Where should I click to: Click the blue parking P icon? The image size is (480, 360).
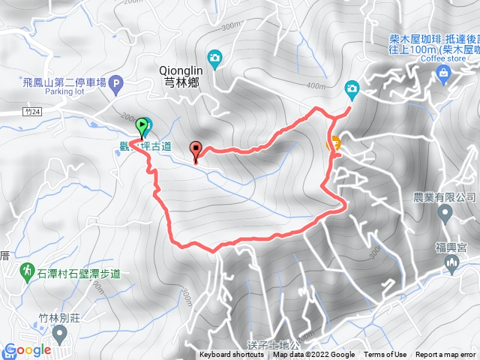tap(115, 84)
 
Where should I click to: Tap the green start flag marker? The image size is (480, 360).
tap(143, 124)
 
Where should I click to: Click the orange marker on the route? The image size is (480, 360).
tap(334, 142)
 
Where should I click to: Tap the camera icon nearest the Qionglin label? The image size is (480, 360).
tap(214, 57)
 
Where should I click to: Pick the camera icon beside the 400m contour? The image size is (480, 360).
tap(351, 90)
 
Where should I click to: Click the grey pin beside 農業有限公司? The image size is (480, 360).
tap(445, 214)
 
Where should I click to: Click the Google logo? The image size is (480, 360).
tap(27, 350)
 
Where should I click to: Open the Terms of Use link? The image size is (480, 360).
tap(385, 355)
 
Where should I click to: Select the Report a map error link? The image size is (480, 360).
tap(446, 355)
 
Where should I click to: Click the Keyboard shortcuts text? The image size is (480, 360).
tap(232, 355)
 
